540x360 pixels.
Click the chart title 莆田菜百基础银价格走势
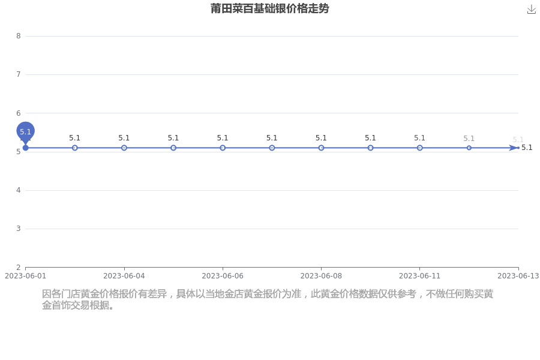[x=269, y=8]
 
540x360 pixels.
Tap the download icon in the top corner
[x=532, y=10]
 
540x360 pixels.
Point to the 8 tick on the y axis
[x=19, y=36]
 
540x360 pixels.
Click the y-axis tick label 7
[x=19, y=74]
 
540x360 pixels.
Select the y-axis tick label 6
[x=19, y=113]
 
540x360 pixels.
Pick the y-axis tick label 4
[x=19, y=190]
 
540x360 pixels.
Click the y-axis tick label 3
[x=19, y=229]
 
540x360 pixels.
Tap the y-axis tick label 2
[x=19, y=267]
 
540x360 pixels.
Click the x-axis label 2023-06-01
[x=25, y=276]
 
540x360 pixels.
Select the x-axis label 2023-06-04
[x=124, y=276]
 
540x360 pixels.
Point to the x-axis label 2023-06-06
[x=223, y=276]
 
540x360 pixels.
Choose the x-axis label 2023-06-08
[x=321, y=276]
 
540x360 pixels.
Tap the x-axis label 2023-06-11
[x=419, y=276]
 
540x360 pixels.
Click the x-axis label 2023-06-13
[x=518, y=276]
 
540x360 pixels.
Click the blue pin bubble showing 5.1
[x=25, y=131]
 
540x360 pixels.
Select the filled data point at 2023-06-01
[x=25, y=148]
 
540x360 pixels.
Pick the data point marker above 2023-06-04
[x=124, y=148]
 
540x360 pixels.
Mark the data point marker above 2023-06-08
[x=321, y=148]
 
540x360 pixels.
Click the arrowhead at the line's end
[x=514, y=148]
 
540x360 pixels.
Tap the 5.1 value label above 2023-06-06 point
[x=223, y=138]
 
